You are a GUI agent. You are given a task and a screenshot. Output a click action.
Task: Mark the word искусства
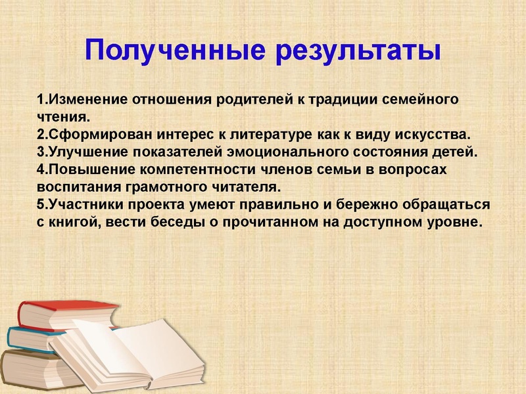click(x=434, y=135)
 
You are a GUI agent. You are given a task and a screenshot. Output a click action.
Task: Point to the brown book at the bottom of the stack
click(x=26, y=368)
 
